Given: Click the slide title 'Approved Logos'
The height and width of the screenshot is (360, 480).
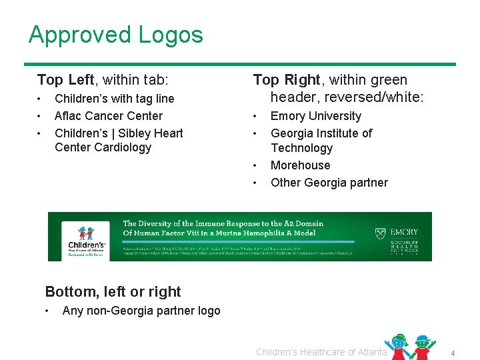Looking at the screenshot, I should pos(115,35).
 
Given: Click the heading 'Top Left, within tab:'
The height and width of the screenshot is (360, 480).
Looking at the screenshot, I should pos(103,80).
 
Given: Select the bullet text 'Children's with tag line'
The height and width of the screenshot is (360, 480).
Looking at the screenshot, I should pos(114,99).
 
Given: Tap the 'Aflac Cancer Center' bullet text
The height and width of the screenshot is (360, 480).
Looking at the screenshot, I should pos(109,116).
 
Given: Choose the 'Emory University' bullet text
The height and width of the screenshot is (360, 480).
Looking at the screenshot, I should pos(315,116).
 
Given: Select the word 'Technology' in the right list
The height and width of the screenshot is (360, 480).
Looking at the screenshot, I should pos(301,148).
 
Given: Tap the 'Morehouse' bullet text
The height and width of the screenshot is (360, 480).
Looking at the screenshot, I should pos(300,165).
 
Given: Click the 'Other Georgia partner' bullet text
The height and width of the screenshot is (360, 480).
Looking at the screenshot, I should pos(329,183).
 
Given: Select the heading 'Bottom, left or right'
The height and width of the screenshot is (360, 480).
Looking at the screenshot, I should pos(113,292).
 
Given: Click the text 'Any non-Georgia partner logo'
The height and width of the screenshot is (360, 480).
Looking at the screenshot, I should pos(141,311).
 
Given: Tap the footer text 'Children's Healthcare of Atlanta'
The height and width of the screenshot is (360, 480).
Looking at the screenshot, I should pos(321,352).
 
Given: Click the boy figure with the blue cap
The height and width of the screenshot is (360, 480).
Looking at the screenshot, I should pos(421,347).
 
